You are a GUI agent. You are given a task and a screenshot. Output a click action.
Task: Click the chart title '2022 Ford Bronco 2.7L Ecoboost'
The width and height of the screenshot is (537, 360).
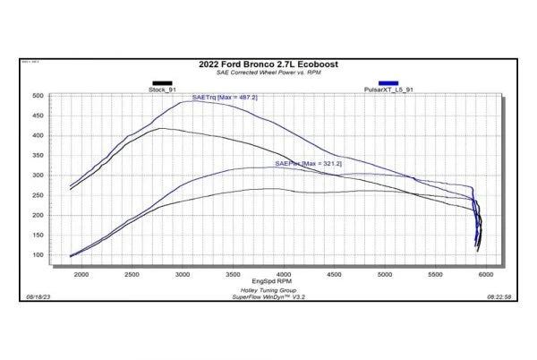coord(268,65)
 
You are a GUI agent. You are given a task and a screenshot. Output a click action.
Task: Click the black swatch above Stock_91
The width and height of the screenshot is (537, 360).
coord(162,82)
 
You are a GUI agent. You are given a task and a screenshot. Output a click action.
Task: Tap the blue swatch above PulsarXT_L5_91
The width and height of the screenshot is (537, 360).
coord(388,82)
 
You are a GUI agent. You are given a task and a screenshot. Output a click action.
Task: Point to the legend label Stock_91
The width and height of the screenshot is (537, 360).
coord(162,90)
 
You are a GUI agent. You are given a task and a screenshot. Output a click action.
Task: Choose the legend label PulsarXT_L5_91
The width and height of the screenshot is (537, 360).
coord(388,90)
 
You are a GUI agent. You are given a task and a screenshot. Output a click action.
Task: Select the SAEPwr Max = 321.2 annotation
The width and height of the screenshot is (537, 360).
coord(309,165)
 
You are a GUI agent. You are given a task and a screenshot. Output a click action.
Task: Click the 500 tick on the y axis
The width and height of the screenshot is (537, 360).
coord(38,96)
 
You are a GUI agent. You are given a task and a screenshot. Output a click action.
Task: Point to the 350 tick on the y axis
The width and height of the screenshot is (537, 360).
coord(38,156)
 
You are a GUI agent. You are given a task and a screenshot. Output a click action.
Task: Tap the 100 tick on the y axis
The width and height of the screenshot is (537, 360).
coord(38,255)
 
